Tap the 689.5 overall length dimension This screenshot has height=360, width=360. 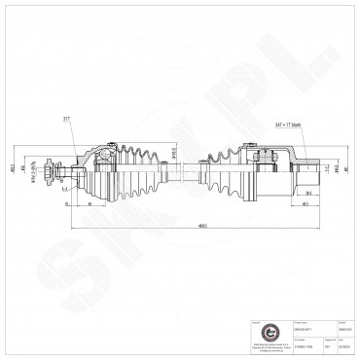(176, 227)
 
